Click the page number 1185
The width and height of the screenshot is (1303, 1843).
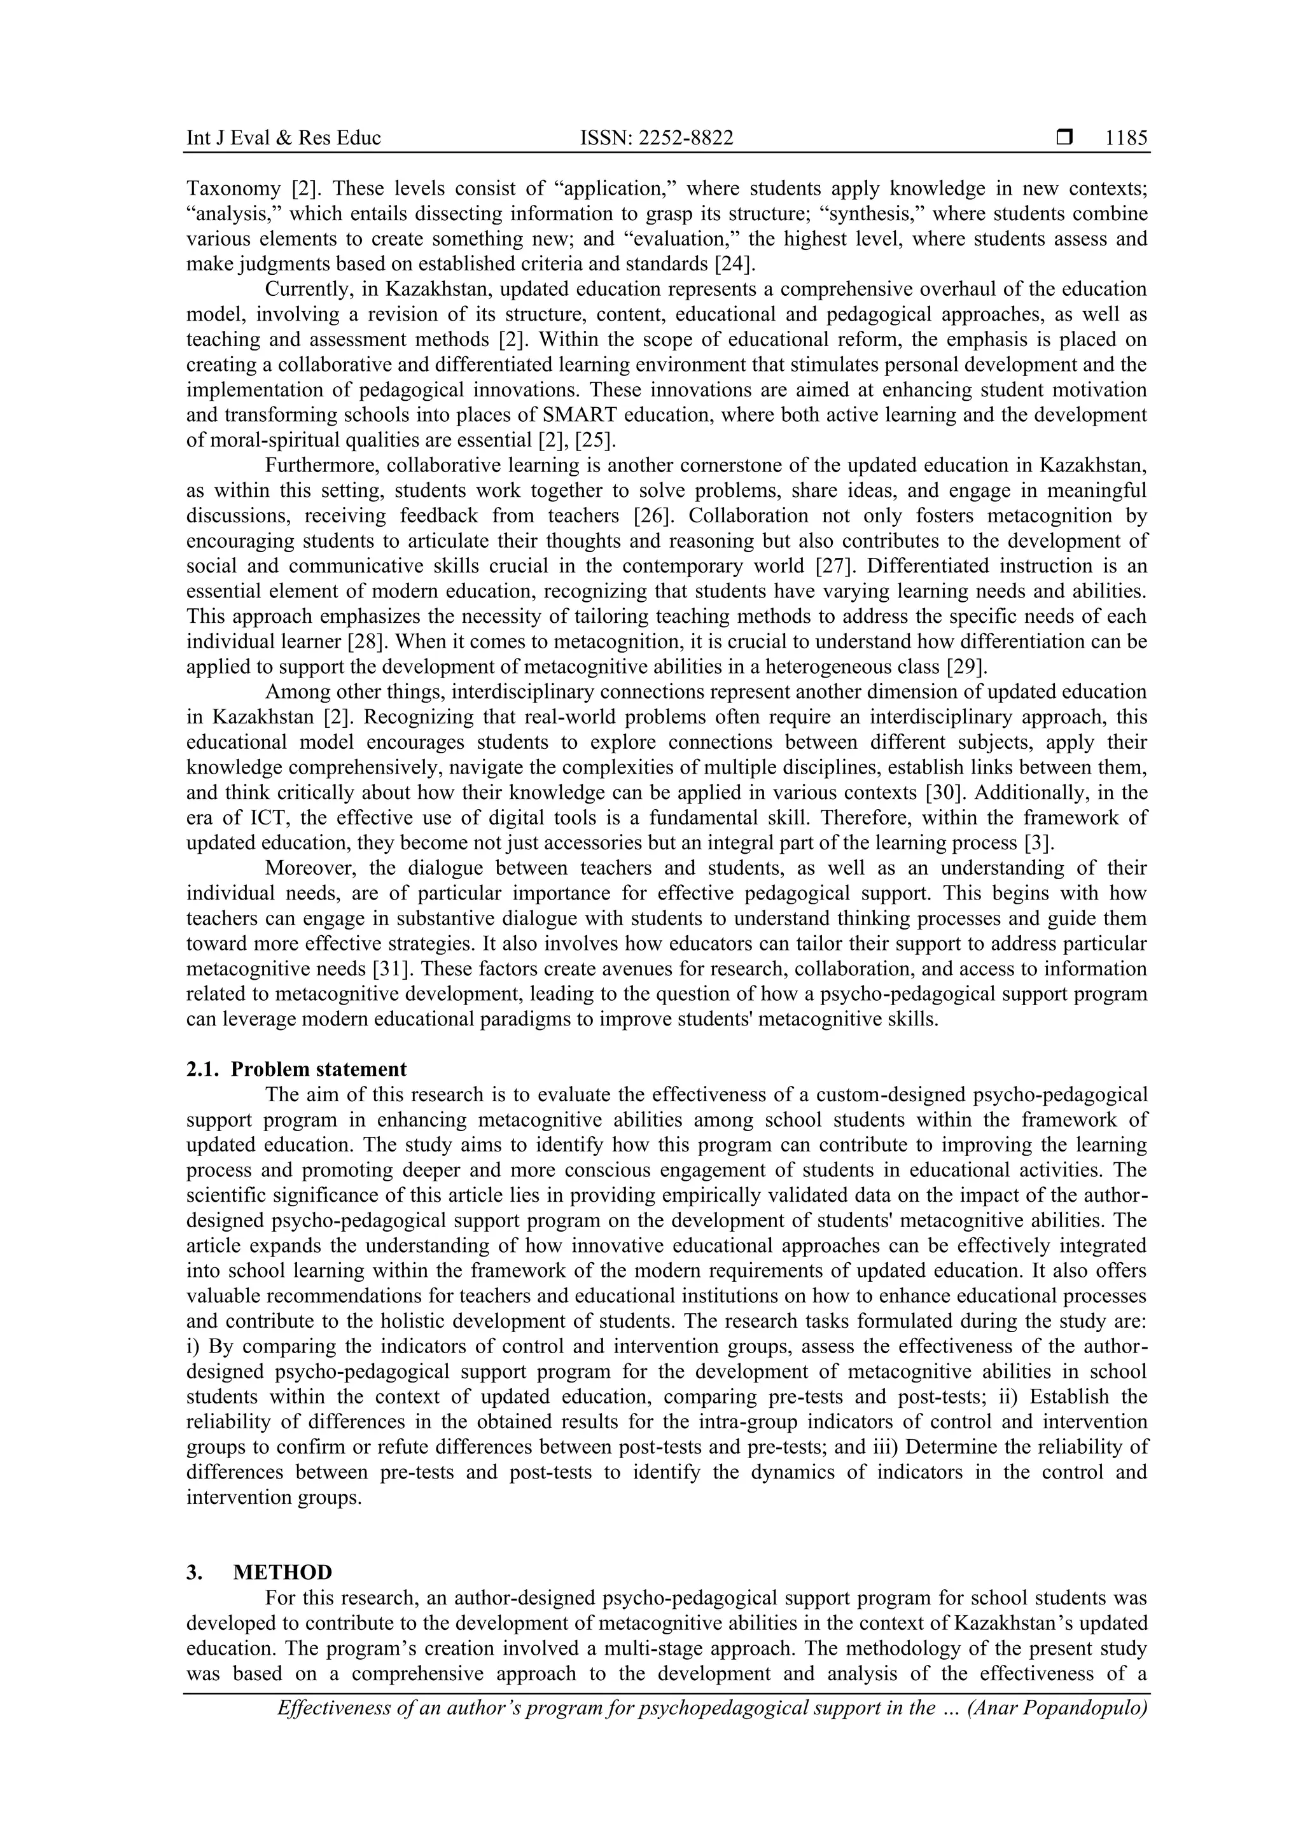(1125, 138)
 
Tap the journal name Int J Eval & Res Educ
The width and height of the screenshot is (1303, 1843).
(283, 138)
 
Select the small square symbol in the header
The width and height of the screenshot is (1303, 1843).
(1064, 138)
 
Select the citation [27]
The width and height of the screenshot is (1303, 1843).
(835, 566)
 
